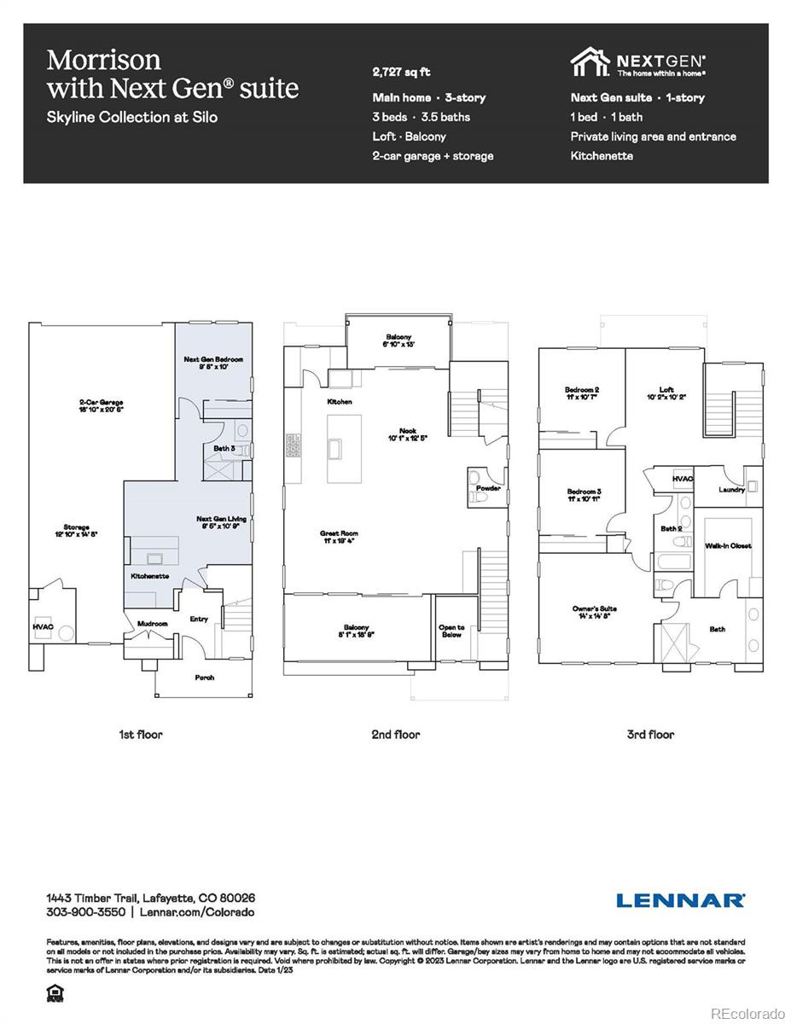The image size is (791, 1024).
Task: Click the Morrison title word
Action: click(103, 60)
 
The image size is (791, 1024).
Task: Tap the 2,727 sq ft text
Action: click(401, 73)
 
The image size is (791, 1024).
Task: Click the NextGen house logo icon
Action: click(590, 62)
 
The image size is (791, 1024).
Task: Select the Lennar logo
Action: click(680, 900)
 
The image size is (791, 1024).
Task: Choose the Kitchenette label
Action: click(149, 577)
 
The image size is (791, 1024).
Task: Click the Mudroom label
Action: click(153, 624)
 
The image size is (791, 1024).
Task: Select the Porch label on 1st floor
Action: click(204, 678)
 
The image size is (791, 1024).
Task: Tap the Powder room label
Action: click(488, 488)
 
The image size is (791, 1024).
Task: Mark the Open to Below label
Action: click(452, 631)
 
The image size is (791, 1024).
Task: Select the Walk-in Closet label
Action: click(728, 545)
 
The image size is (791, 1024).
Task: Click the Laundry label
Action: click(732, 490)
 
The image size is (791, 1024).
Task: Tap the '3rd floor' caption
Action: click(651, 735)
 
